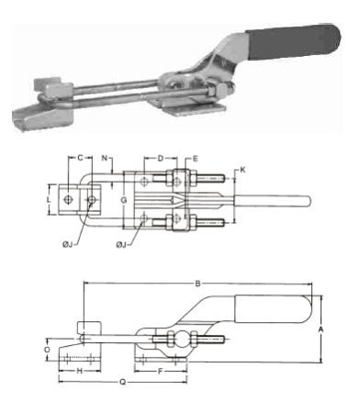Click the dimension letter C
80,159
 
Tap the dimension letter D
161,159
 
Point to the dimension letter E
194,159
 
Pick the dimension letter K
242,170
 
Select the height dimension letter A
319,328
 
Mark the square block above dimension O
88,328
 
